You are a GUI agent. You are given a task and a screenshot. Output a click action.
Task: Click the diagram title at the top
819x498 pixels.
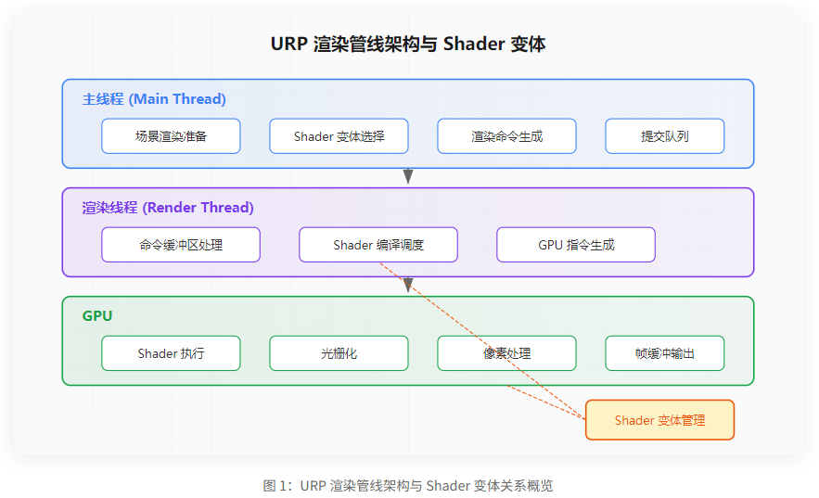point(408,44)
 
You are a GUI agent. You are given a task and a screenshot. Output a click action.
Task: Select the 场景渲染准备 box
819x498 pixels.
point(171,136)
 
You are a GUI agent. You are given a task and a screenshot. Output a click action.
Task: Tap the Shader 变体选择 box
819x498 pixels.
point(339,136)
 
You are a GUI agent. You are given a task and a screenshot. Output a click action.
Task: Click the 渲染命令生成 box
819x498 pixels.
point(506,136)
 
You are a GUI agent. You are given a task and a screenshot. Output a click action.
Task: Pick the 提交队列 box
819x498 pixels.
point(664,136)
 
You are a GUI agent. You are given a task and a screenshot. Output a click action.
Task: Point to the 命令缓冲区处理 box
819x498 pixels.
point(181,245)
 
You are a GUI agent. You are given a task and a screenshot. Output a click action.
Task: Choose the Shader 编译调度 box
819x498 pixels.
point(378,245)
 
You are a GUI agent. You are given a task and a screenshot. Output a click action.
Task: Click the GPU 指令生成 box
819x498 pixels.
point(576,245)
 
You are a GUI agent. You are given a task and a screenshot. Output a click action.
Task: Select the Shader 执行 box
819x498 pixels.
point(171,353)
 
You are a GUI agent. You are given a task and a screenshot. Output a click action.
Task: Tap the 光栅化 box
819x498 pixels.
point(339,353)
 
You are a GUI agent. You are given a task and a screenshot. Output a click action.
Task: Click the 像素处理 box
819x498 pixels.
point(506,353)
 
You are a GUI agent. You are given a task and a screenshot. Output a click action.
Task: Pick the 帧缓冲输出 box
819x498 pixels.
point(664,353)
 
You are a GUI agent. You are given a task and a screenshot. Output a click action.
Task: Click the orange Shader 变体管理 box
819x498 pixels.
point(659,420)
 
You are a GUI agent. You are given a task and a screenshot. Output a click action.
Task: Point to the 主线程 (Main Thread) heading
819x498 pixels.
point(154,99)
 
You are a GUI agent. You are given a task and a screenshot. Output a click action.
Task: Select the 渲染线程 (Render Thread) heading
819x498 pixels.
point(168,208)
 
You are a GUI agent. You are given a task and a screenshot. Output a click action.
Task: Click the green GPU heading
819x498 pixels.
point(97,315)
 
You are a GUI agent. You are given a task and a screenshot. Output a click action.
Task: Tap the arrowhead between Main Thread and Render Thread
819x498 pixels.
point(408,177)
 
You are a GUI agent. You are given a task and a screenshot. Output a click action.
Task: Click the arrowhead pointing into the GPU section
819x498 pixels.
point(408,286)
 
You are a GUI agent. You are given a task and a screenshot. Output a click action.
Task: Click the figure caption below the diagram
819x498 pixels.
point(408,485)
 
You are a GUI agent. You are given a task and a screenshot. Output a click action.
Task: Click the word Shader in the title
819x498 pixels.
point(474,44)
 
